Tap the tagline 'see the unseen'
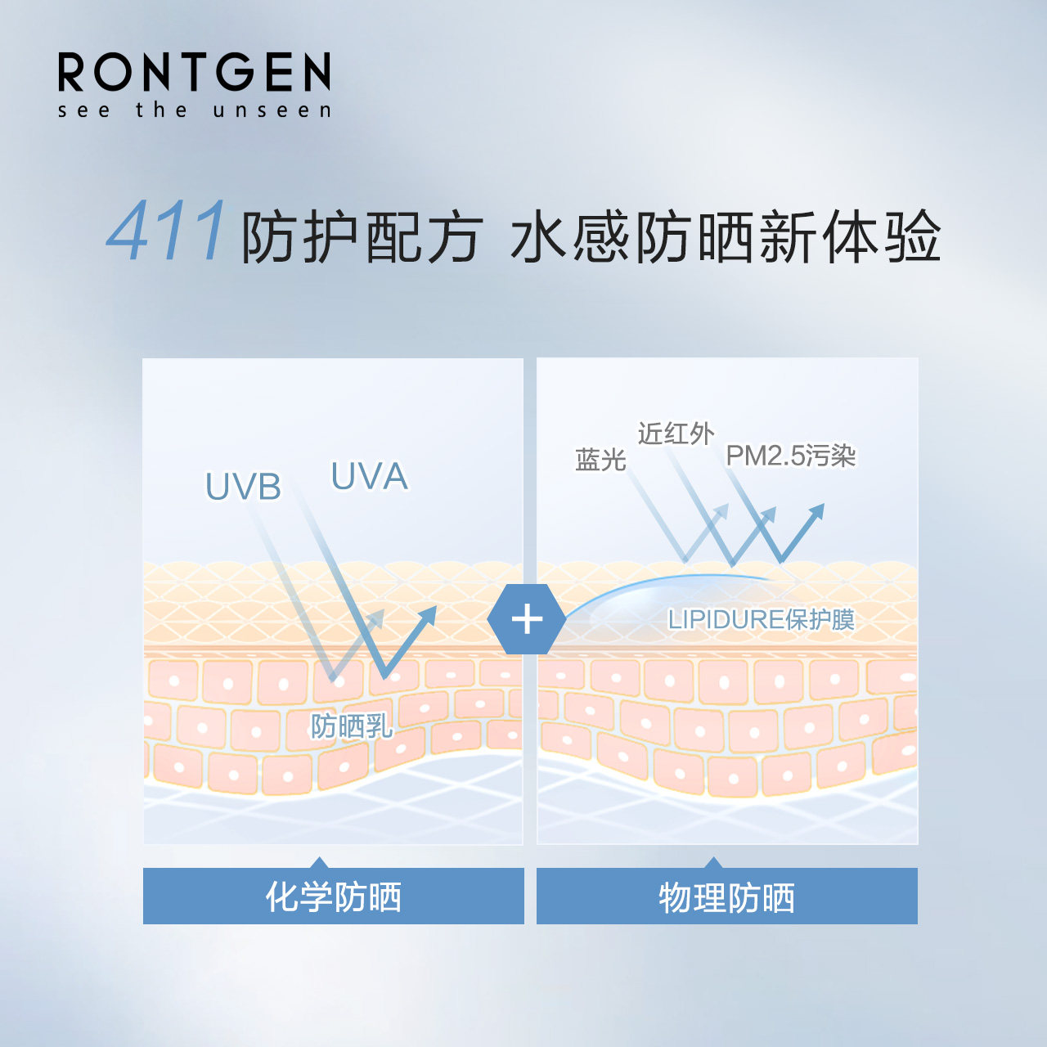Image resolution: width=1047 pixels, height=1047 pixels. click(x=194, y=110)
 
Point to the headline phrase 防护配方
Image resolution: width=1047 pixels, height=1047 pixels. click(x=361, y=238)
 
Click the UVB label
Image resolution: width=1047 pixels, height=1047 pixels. click(x=243, y=488)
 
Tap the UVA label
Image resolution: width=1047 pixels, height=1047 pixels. click(x=369, y=476)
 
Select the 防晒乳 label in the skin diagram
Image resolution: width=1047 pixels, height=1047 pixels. click(x=351, y=726)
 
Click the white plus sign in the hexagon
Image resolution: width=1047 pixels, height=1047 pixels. click(x=527, y=619)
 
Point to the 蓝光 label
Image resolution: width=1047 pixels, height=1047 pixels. click(x=600, y=460)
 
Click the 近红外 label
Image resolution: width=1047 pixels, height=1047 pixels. click(x=676, y=434)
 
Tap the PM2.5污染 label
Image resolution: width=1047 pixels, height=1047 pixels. click(x=790, y=456)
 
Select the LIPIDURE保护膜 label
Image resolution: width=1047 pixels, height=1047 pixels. click(x=761, y=619)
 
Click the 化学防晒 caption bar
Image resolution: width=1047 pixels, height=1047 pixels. click(x=333, y=896)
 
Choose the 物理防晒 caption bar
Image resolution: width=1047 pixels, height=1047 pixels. click(x=726, y=897)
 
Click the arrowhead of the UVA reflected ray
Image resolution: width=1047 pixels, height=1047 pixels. click(x=428, y=614)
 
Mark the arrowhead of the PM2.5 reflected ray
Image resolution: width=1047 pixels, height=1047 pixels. click(x=816, y=511)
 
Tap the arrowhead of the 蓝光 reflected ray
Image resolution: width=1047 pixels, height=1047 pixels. click(x=721, y=510)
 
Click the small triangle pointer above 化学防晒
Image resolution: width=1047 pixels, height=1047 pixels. click(x=320, y=863)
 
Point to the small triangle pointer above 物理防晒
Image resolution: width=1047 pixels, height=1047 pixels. click(x=713, y=863)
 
